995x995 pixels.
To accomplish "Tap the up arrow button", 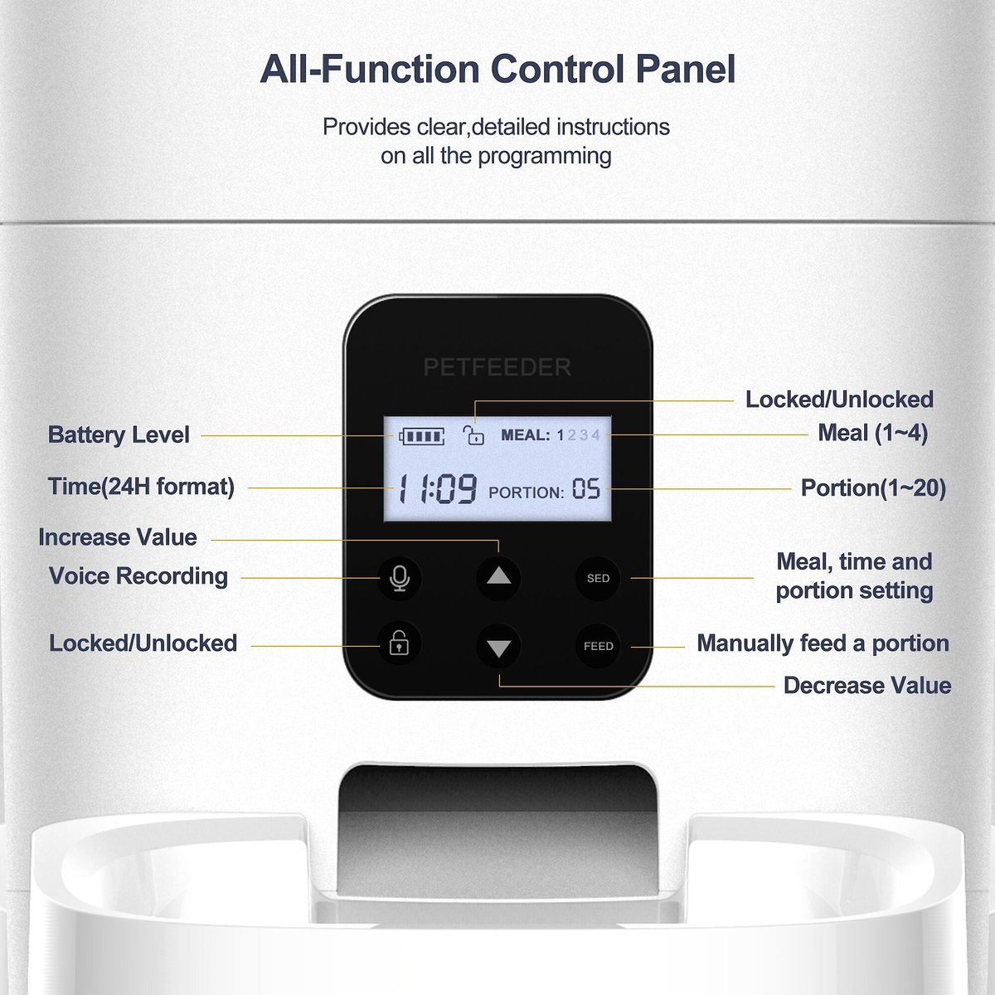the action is [499, 578].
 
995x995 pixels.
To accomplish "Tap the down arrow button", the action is [499, 647].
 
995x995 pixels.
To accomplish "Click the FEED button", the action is [599, 646].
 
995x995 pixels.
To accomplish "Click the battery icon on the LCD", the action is [421, 436].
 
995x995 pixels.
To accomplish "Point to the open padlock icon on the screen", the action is [473, 434].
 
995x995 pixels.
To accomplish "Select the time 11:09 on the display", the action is [437, 489].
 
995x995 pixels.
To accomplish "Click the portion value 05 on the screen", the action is [586, 488].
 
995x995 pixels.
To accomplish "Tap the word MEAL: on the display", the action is [526, 435].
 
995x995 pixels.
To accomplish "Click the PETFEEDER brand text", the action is [498, 367].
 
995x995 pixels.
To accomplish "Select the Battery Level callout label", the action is [119, 434].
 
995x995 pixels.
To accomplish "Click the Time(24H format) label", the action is [141, 487].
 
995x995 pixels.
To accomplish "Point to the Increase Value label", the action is [118, 537].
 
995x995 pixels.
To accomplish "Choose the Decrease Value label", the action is [867, 686].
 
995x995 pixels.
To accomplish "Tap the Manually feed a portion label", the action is [823, 643].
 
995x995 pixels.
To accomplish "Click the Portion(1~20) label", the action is [873, 488].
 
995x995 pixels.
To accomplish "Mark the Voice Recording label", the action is [138, 576].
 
